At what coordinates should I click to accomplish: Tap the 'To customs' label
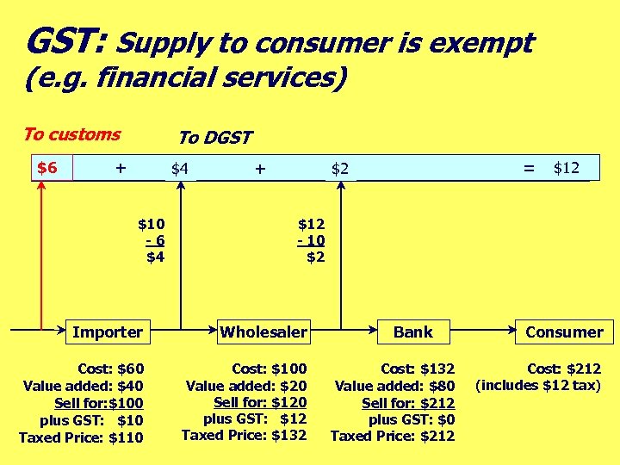coord(71,134)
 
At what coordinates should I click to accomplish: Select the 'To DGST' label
coord(214,138)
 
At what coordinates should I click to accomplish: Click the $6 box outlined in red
coord(47,167)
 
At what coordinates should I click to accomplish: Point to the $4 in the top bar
coord(179,169)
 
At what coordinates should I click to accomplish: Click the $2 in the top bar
coord(341,169)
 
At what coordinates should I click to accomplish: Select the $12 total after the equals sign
coord(566,168)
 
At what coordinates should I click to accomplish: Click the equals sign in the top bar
coord(529,169)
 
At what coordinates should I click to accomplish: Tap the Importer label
coord(108,332)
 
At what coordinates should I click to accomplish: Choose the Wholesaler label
coord(263,332)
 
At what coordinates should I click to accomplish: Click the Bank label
coord(413,332)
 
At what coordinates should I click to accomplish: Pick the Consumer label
coord(564,332)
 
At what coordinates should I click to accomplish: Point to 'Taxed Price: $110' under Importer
coord(81,437)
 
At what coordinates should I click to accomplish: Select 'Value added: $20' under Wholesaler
coord(246,386)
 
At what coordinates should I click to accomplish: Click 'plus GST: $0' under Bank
coord(412,419)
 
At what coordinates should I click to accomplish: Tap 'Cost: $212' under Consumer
coord(564,369)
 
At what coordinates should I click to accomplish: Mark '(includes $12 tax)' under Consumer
coord(538,385)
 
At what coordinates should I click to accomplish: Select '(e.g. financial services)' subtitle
coord(186,79)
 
